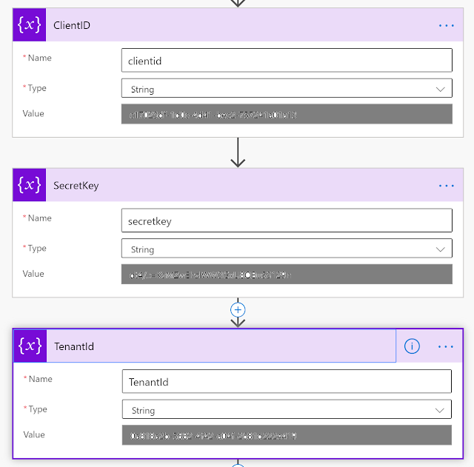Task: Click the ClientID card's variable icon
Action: coord(29,25)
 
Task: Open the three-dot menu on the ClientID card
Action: coord(446,25)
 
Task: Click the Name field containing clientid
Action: coord(286,60)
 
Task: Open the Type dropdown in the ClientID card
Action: coord(286,89)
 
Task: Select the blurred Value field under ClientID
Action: coord(286,114)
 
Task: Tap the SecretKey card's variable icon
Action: coord(29,186)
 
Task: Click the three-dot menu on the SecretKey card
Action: coord(446,186)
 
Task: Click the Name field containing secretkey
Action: coord(286,221)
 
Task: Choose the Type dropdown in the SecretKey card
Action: coord(286,249)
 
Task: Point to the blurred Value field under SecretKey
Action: coord(286,275)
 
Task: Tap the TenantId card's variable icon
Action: coord(30,346)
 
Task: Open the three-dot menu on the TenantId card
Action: coord(446,346)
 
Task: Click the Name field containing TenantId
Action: coord(286,381)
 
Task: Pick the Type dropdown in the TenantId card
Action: coord(286,410)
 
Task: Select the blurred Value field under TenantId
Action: coord(286,435)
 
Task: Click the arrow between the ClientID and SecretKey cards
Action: coord(238,152)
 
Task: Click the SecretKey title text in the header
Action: coord(76,186)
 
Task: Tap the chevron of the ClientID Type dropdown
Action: coord(441,89)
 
